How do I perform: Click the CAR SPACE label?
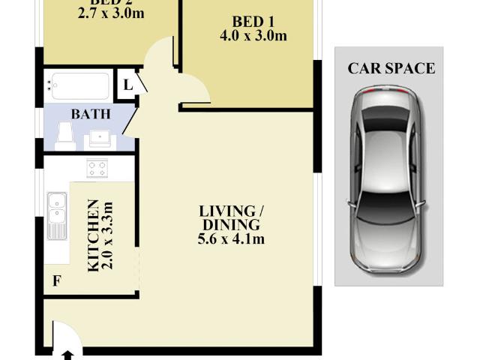pos(390,68)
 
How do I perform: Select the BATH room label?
pos(91,114)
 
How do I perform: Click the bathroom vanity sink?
pos(100,138)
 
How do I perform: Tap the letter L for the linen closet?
pos(128,84)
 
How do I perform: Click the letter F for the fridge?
pos(55,281)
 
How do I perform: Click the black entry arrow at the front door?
pos(67,354)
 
